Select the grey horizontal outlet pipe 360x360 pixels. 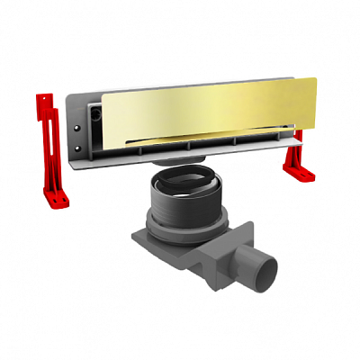(x=247, y=261)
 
